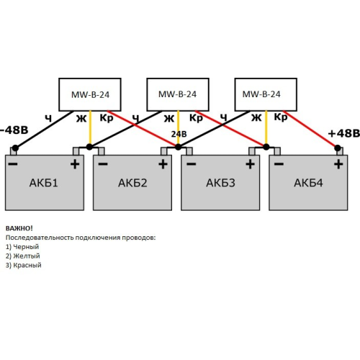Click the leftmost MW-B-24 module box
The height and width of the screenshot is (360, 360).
pos(90,94)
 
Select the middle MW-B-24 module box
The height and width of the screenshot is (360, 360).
pos(177,94)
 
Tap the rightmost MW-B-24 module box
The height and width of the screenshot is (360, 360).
pos(265,94)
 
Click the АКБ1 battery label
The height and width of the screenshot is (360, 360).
pos(45,183)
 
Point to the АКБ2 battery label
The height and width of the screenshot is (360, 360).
pos(132,183)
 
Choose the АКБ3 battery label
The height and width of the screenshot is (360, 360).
pos(220,183)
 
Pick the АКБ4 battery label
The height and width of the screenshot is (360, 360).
pos(309,183)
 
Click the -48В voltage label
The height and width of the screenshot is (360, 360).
pos(14,130)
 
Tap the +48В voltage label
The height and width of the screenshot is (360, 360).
pos(343,133)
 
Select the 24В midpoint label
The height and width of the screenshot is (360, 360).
pos(179,133)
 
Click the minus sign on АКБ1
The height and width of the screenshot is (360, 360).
pos(14,164)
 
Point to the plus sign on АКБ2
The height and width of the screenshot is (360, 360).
pos(163,164)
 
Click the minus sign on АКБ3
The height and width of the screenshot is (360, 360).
pos(190,164)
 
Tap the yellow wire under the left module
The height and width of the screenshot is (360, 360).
pos(90,130)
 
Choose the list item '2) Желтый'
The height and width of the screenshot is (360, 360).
pos(22,256)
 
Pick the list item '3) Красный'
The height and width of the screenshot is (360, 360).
pos(24,265)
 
